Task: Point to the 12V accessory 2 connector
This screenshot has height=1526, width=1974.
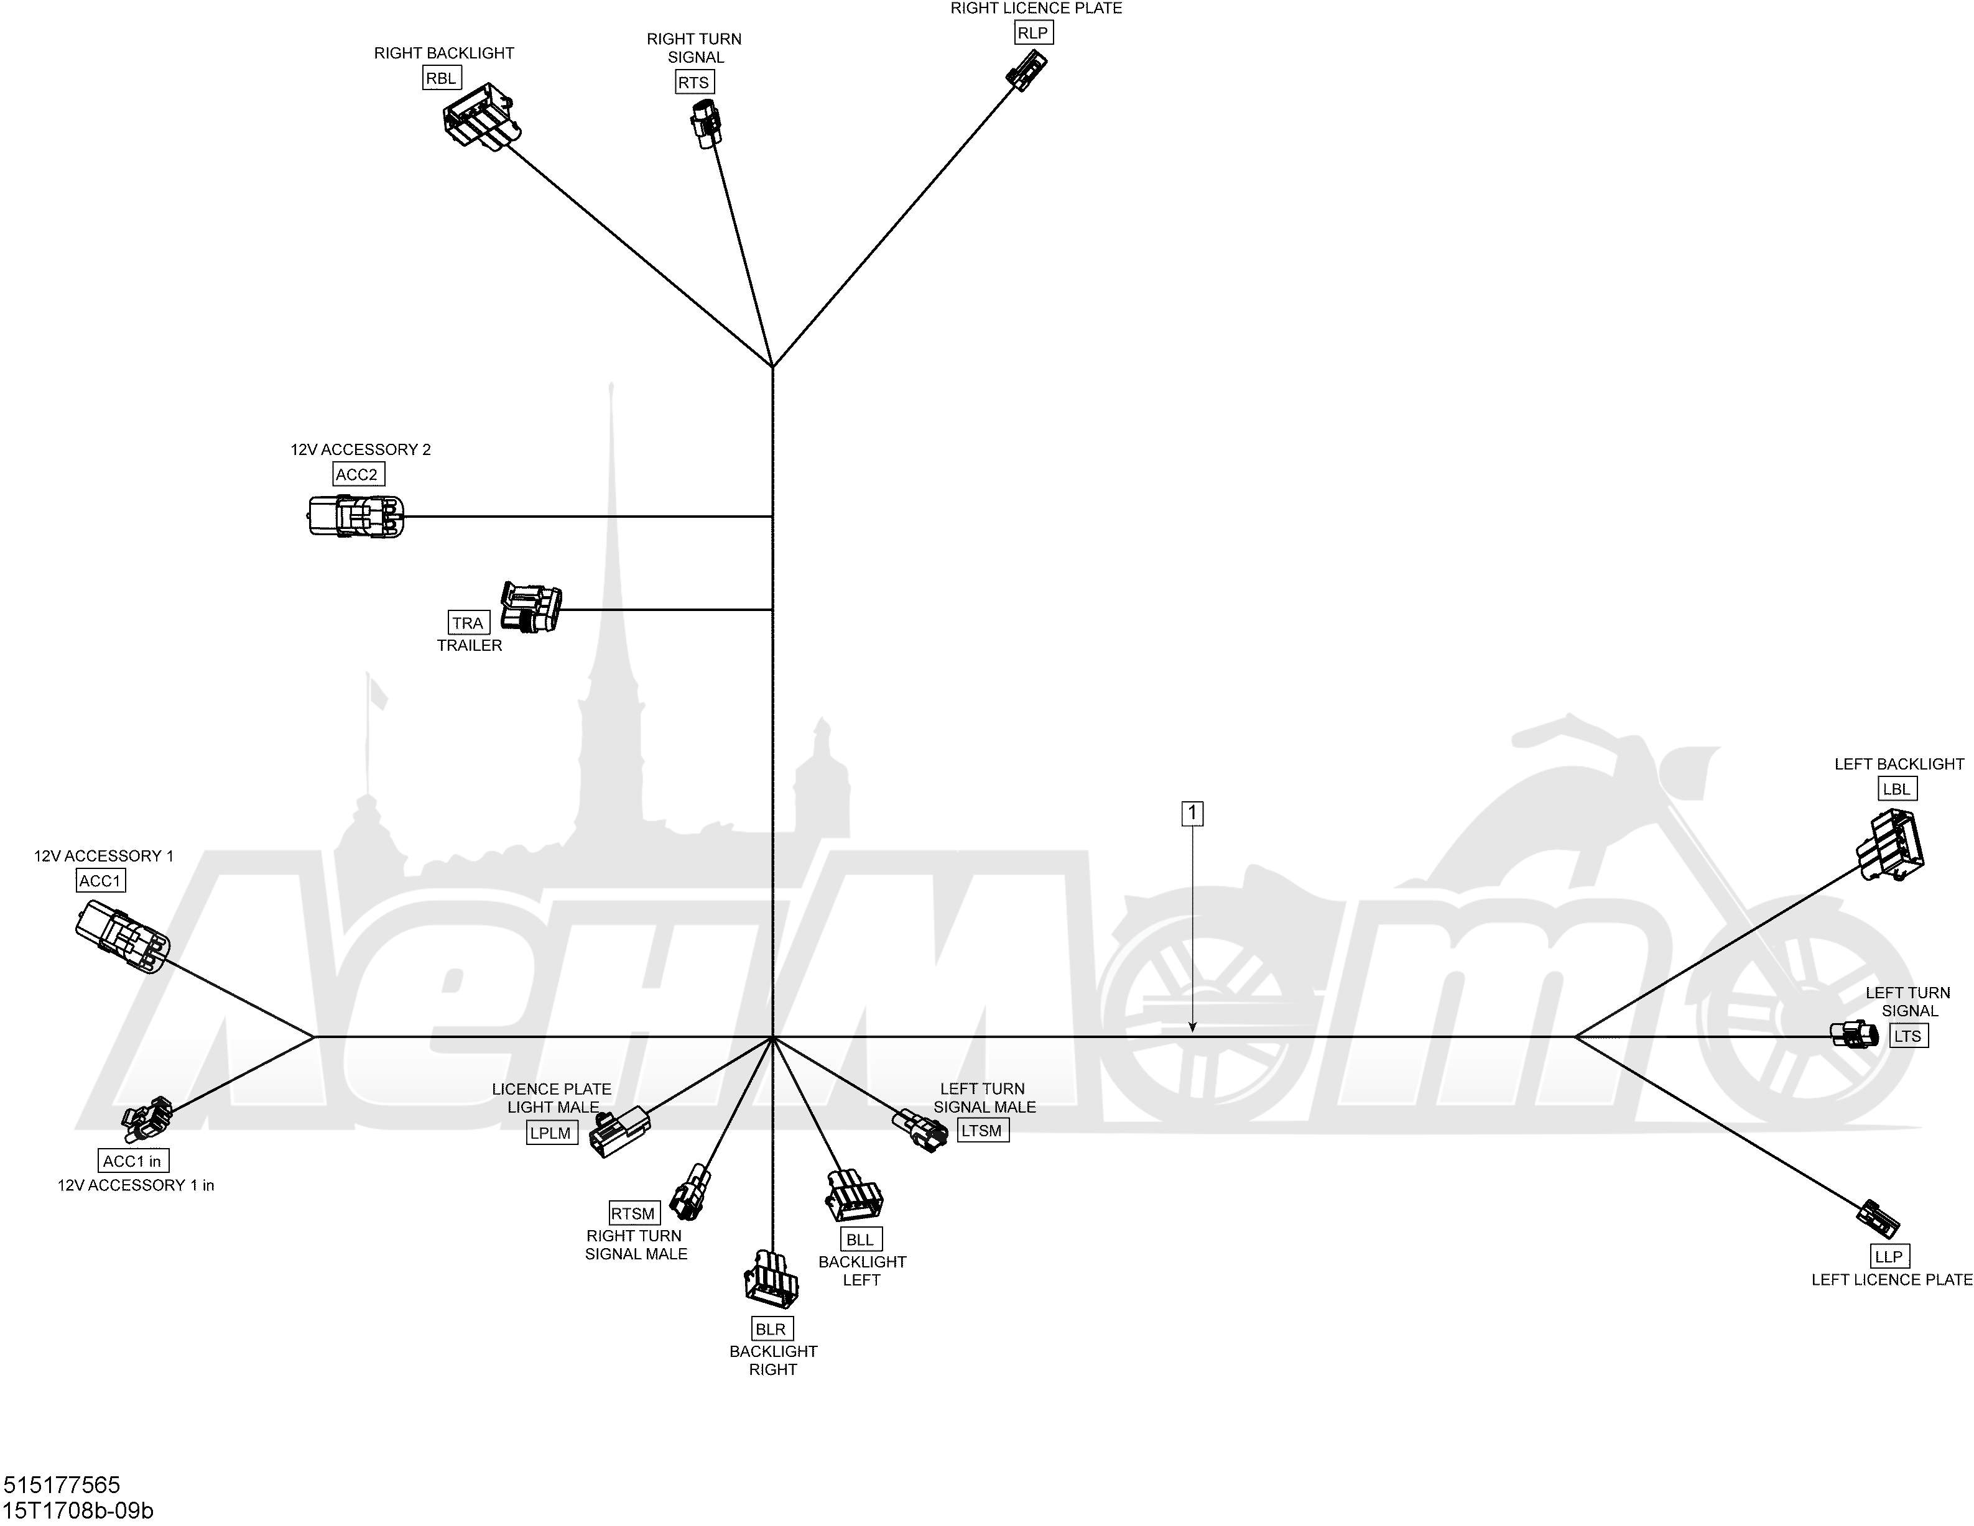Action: coord(356,517)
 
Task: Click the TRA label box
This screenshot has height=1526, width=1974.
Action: coord(468,622)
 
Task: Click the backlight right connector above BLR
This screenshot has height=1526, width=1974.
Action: coord(771,1279)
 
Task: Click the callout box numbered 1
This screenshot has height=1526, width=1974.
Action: coord(1192,814)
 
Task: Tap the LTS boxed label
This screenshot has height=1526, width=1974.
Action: coord(1908,1036)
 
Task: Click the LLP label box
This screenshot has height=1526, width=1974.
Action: coord(1889,1256)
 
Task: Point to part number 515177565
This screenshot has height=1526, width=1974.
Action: coord(62,1484)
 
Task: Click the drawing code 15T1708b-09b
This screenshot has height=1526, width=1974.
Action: coord(78,1510)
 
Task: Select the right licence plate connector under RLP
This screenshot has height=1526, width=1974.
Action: coord(1027,70)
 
